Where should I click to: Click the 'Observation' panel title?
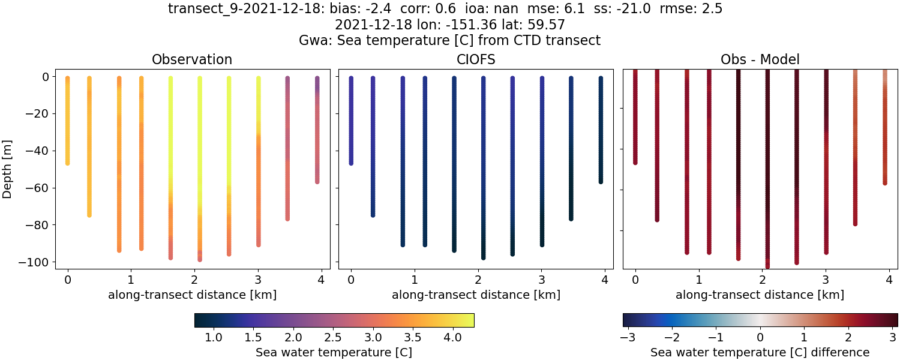192,59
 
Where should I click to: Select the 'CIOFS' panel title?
476,59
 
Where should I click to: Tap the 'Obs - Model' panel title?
760,59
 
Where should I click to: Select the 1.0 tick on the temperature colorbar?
214,337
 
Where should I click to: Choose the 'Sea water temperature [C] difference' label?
760,352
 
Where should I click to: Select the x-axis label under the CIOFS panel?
476,295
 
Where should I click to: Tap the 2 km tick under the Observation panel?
194,279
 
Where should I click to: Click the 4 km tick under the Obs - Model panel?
889,279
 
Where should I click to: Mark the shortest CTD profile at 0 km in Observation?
67,120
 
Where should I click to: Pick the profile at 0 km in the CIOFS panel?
351,120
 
